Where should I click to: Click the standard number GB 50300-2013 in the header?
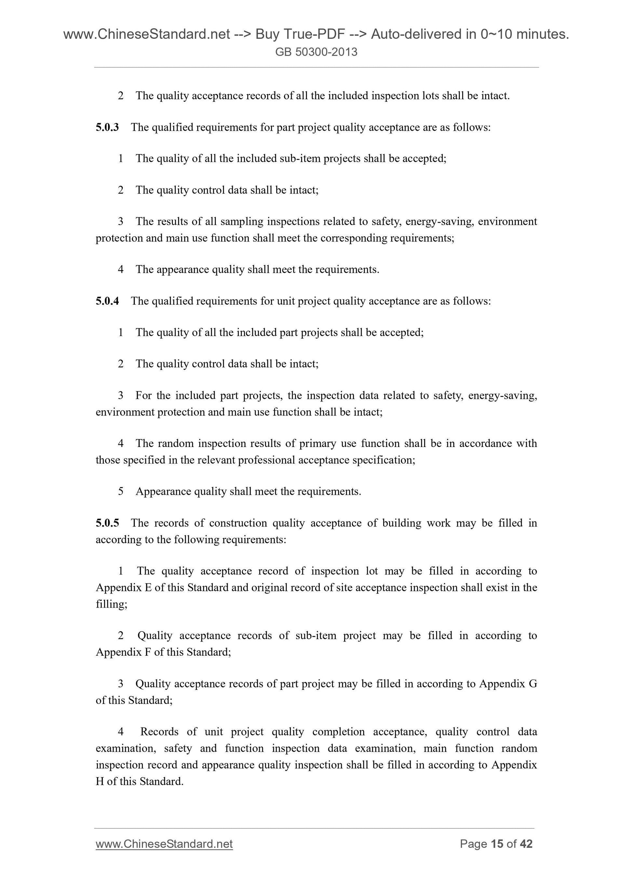coord(316,52)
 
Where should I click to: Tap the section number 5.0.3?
coord(107,127)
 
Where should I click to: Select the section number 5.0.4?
coord(107,301)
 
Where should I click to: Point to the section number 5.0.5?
coord(107,523)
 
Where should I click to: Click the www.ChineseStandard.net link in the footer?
coord(164,844)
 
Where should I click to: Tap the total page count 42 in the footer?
coord(526,844)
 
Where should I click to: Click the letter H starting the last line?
coord(100,782)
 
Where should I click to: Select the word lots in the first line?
coord(431,96)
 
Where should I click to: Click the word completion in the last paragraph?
coord(338,732)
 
